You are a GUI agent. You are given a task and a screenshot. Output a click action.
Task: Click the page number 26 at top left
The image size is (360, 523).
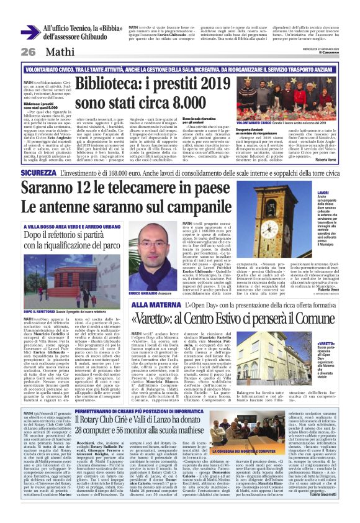[x=28, y=52]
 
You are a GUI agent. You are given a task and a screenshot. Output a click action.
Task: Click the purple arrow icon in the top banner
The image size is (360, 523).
[x=29, y=32]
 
